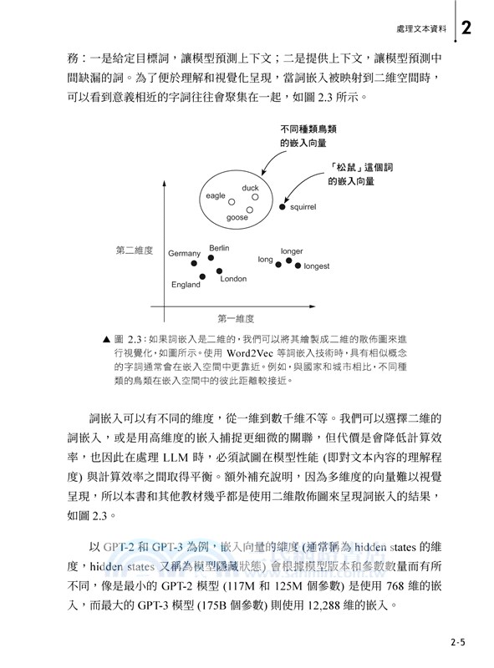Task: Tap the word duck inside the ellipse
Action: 250,188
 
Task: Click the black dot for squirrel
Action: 283,205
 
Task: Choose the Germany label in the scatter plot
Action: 185,253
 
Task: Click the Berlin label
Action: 219,248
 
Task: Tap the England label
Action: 186,285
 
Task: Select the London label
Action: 233,279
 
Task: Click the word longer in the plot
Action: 292,250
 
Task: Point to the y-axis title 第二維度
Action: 134,250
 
